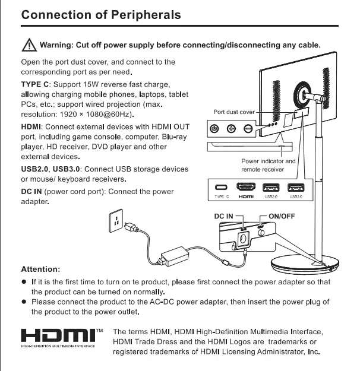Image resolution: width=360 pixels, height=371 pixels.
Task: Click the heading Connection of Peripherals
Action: point(101,14)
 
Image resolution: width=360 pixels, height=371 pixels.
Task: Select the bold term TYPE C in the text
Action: point(36,84)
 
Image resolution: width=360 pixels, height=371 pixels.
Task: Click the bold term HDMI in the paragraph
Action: point(31,127)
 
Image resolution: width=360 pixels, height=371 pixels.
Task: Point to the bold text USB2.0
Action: point(34,169)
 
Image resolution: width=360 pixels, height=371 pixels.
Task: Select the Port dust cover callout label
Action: point(233,112)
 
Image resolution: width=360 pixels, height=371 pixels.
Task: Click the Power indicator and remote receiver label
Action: point(268,165)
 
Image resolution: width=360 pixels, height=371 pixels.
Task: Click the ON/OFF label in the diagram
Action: point(282,216)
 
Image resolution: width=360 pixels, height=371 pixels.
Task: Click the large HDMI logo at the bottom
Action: point(58,335)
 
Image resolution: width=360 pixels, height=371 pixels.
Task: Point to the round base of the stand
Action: point(303,267)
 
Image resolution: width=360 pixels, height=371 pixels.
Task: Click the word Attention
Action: point(40,269)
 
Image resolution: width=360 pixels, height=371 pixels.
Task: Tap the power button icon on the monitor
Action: point(215,129)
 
